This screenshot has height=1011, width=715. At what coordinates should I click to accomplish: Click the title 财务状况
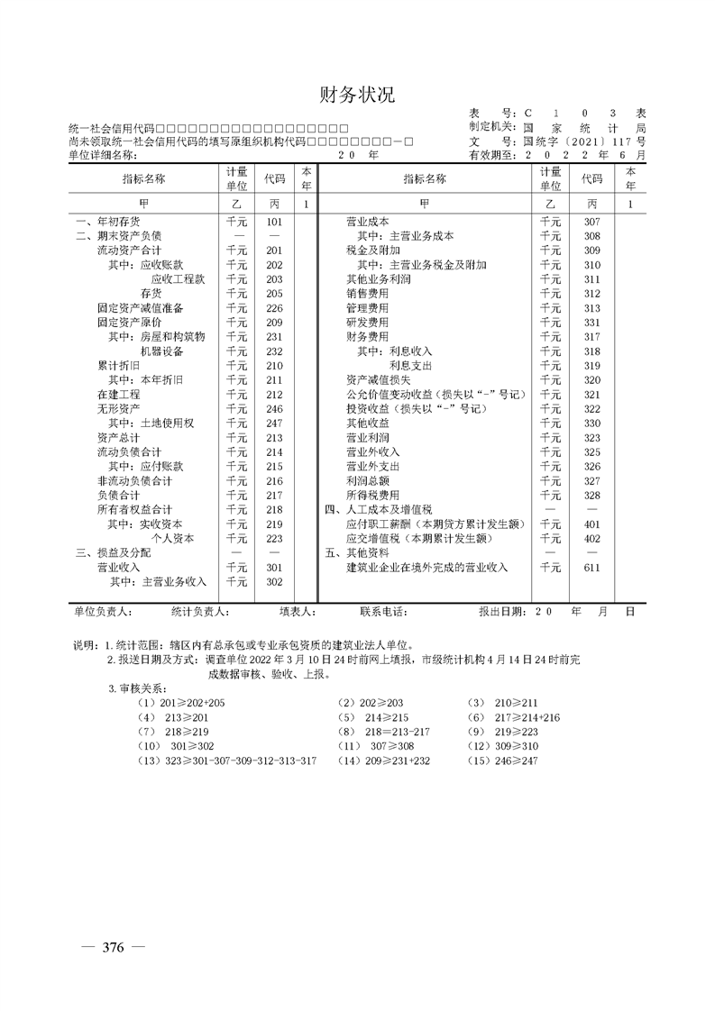[357, 96]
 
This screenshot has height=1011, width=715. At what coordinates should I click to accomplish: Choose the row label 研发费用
[367, 322]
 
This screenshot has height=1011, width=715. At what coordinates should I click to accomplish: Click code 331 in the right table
[591, 322]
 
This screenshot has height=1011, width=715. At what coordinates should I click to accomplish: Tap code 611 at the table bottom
[591, 568]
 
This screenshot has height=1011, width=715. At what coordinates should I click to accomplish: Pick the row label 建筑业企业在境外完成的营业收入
[426, 568]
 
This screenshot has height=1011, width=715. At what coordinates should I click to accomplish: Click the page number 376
[113, 947]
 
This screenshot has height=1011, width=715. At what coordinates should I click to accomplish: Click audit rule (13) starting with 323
[226, 761]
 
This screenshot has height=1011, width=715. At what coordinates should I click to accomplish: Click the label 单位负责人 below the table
[104, 612]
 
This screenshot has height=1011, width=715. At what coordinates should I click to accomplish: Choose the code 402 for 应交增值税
[591, 538]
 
